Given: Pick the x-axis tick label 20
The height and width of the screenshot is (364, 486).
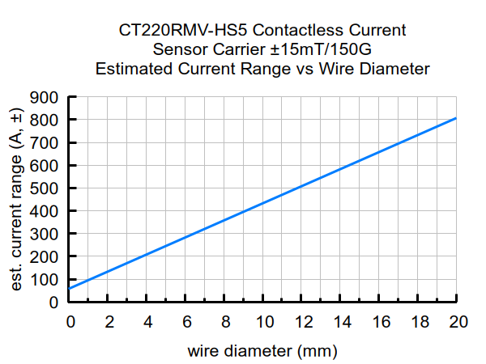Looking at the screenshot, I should pyautogui.click(x=457, y=321).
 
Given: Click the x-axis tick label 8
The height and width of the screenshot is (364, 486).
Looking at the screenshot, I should pyautogui.click(x=225, y=321).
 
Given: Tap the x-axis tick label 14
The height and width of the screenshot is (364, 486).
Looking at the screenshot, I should pyautogui.click(x=341, y=321).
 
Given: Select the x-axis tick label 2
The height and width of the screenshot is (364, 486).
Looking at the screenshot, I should pyautogui.click(x=109, y=321).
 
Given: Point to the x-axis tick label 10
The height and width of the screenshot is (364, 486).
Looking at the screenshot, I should pyautogui.click(x=264, y=321).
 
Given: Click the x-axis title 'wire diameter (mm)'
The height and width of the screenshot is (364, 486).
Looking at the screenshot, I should pyautogui.click(x=262, y=352).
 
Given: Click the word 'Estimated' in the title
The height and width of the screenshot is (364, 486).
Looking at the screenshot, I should pyautogui.click(x=133, y=69).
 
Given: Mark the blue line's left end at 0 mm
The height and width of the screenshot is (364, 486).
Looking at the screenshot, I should pyautogui.click(x=70, y=288).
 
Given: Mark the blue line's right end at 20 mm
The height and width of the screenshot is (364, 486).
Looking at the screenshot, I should pyautogui.click(x=457, y=118).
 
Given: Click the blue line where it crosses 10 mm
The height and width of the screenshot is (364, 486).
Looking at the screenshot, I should pyautogui.click(x=264, y=203).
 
